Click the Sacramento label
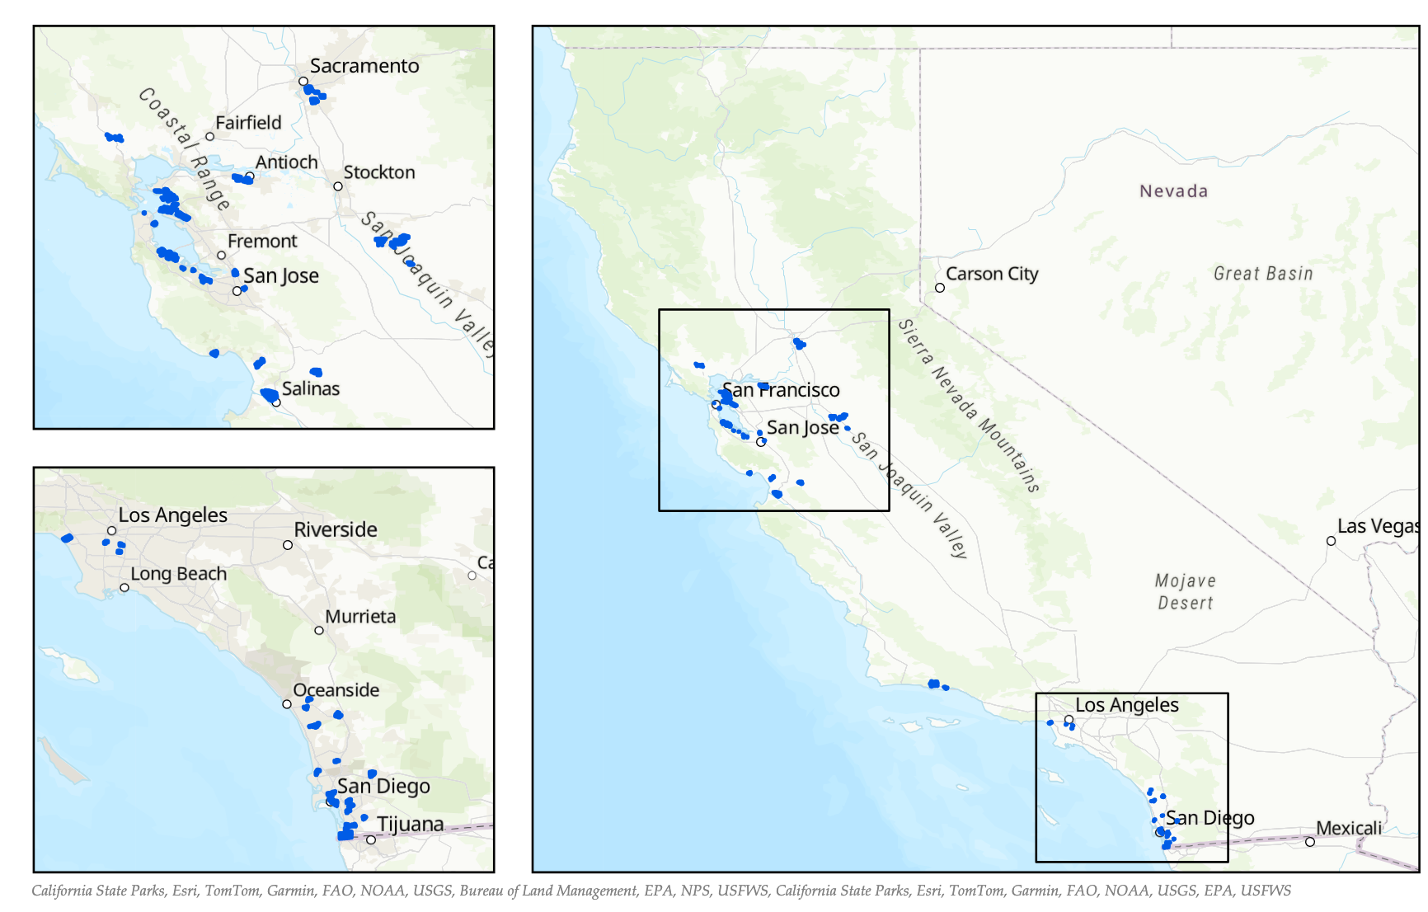tap(364, 66)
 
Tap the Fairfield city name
tap(248, 123)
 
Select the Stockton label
tap(379, 172)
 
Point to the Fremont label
tap(262, 242)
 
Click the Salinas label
tap(311, 388)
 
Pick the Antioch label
tap(286, 162)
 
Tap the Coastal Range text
tap(184, 148)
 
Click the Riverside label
tap(336, 529)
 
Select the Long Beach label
tap(178, 574)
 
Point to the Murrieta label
tap(360, 617)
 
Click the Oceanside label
tap(336, 690)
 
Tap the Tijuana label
tap(410, 825)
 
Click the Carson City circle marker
tap(940, 288)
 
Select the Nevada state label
tap(1173, 191)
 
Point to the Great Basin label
tap(1263, 274)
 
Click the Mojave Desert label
tap(1186, 592)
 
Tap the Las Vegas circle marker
tap(1331, 541)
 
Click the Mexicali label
tap(1349, 828)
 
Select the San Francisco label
tap(781, 390)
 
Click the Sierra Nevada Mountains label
tap(969, 406)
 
